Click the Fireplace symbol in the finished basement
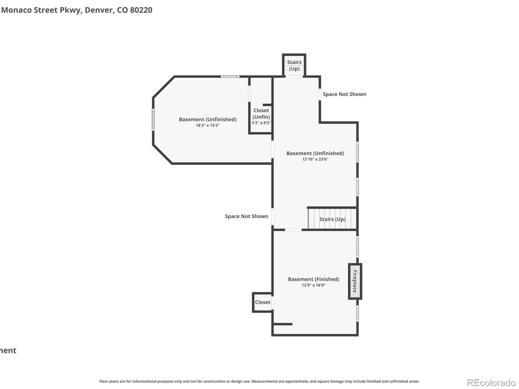[x=355, y=281]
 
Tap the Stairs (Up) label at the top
[x=294, y=65]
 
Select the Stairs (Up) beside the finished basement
[x=332, y=219]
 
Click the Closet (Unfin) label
[x=261, y=113]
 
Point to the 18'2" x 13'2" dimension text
[x=208, y=125]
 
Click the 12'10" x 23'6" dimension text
[x=315, y=159]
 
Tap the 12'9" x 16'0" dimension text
[x=313, y=285]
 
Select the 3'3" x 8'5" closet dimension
[x=261, y=123]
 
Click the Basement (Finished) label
[x=313, y=279]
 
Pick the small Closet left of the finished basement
[x=262, y=302]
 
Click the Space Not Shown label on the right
[x=344, y=94]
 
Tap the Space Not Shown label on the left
[x=247, y=216]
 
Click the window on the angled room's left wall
[x=153, y=120]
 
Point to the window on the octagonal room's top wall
[x=230, y=77]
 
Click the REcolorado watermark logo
[x=491, y=383]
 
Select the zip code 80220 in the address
[x=141, y=10]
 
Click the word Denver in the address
[x=99, y=10]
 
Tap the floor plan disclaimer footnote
[x=259, y=381]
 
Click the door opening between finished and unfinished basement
[x=293, y=230]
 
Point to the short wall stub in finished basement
[x=283, y=324]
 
